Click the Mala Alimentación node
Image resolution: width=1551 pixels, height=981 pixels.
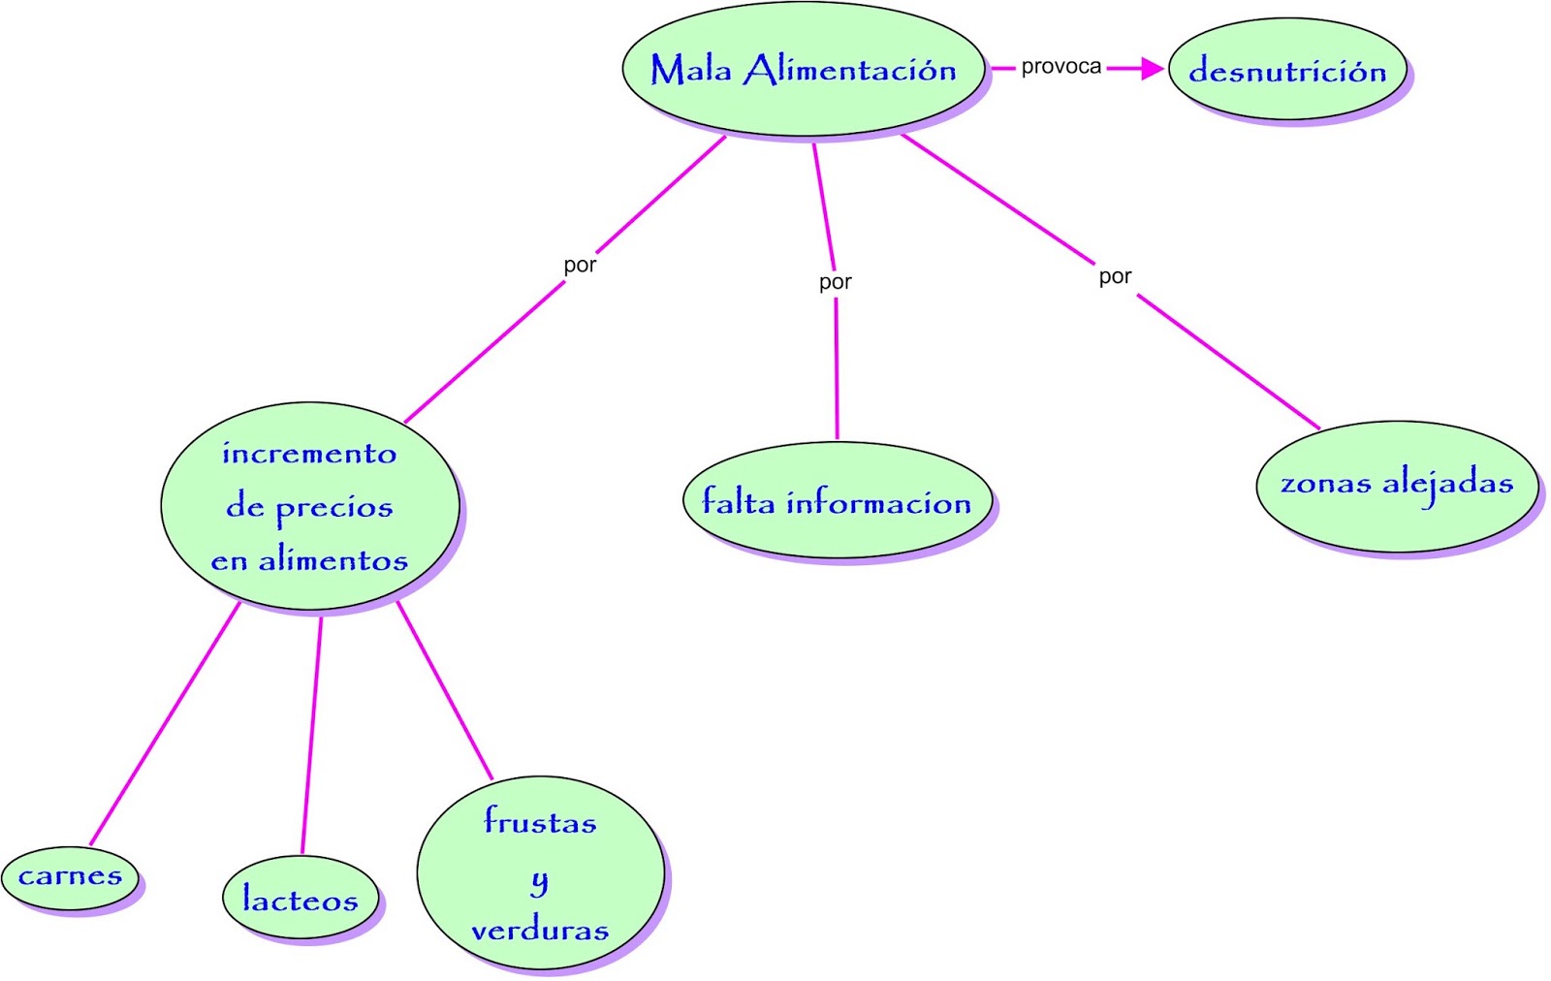coord(804,70)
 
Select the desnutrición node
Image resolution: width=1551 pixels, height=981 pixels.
coord(1287,70)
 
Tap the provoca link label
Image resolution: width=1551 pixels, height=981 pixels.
coord(1060,67)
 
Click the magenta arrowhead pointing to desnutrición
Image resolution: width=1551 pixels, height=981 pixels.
coord(1152,68)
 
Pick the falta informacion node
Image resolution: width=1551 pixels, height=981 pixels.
coord(837,501)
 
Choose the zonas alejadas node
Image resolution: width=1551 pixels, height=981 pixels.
coord(1396,485)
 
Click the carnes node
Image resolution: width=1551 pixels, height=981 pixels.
coord(70,877)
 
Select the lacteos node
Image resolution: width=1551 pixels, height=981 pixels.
coord(301,899)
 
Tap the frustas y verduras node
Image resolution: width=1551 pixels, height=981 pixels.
coord(541,873)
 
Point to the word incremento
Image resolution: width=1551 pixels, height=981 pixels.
coord(309,453)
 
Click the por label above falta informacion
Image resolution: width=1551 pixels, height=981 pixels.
coord(835,282)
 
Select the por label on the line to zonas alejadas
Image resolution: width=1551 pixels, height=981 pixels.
coord(1115,276)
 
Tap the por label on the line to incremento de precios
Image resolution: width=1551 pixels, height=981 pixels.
coord(580,265)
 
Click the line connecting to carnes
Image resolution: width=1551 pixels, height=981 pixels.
coord(165,723)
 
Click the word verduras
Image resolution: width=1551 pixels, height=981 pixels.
coord(541,931)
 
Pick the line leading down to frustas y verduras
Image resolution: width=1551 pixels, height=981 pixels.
coord(445,690)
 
